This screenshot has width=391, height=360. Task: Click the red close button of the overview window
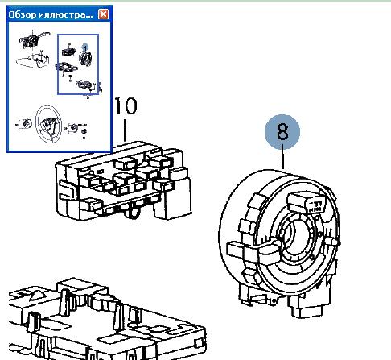[103, 14]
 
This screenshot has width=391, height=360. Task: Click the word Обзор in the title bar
[23, 14]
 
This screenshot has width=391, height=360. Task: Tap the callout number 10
[126, 106]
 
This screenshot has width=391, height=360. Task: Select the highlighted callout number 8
[282, 131]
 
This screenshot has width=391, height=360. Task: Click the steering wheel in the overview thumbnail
[49, 124]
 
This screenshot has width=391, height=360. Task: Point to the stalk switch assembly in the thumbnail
[34, 40]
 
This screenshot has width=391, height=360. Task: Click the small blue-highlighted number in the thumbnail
[85, 48]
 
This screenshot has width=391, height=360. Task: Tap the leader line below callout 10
[125, 130]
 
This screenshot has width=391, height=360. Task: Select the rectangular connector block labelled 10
[123, 181]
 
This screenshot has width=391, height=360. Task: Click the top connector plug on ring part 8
[306, 203]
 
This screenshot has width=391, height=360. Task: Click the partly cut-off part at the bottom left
[106, 321]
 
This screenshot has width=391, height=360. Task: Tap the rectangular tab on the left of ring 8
[236, 250]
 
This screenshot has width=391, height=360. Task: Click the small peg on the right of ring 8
[334, 242]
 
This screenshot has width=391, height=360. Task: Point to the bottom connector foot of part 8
[306, 308]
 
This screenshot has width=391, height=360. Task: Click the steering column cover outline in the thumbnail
[33, 60]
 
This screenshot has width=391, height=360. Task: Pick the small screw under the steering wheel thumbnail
[84, 131]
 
